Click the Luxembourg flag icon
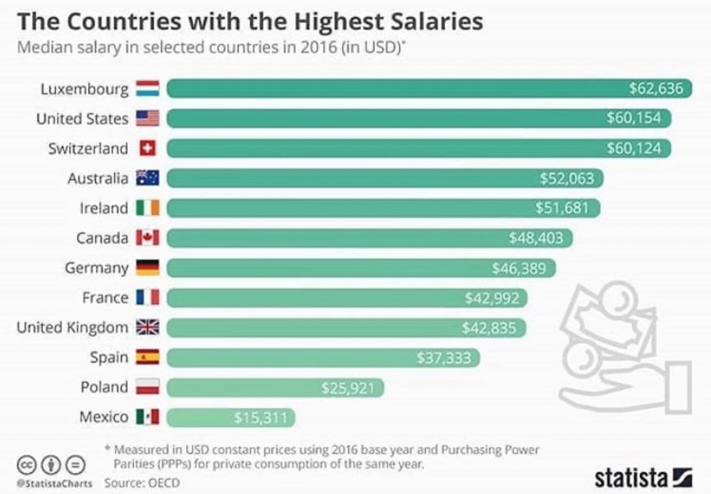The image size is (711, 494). [148, 89]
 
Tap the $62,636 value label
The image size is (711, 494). [656, 89]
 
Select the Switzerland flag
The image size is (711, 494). [148, 148]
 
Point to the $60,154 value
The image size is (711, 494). [634, 118]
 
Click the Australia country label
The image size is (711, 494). [98, 178]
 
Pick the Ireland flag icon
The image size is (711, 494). [148, 208]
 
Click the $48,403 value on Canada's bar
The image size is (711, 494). [536, 238]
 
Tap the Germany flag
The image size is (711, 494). [148, 268]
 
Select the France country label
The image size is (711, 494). [105, 298]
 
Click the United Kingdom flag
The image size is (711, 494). [148, 327]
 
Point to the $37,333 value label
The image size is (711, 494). [443, 358]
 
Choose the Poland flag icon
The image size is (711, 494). [148, 387]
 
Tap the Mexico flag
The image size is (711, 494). [148, 417]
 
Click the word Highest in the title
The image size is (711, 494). [339, 22]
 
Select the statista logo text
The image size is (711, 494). [631, 478]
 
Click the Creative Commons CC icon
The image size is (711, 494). [27, 464]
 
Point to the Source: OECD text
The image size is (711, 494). [142, 483]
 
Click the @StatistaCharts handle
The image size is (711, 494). [55, 484]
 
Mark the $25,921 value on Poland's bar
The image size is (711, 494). [347, 388]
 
